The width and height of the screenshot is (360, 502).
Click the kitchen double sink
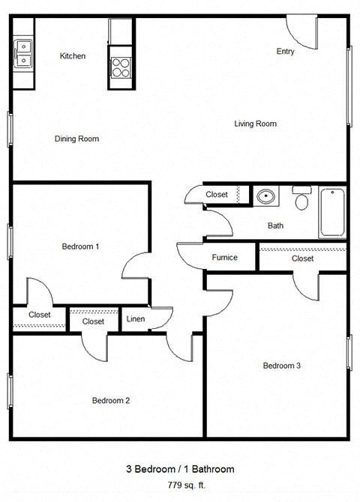pyautogui.click(x=24, y=53)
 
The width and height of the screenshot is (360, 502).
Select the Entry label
pyautogui.click(x=285, y=52)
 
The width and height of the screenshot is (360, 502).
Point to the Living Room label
pyautogui.click(x=255, y=124)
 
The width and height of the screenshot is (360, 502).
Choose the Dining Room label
pyautogui.click(x=76, y=139)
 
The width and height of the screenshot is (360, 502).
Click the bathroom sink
pyautogui.click(x=265, y=198)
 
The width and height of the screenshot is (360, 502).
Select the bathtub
pyautogui.click(x=332, y=212)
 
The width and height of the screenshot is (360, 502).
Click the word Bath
pyautogui.click(x=275, y=226)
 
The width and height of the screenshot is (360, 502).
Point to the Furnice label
pyautogui.click(x=224, y=258)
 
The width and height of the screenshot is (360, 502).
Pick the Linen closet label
pyautogui.click(x=136, y=320)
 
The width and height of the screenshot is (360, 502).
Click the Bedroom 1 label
pyautogui.click(x=80, y=247)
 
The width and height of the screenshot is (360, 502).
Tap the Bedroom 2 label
pyautogui.click(x=111, y=400)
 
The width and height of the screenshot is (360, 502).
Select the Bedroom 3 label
pyautogui.click(x=281, y=366)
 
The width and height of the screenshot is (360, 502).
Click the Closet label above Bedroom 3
pyautogui.click(x=302, y=258)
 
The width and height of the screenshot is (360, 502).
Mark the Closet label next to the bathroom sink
pyautogui.click(x=217, y=195)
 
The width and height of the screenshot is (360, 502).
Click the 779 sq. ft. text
pyautogui.click(x=179, y=485)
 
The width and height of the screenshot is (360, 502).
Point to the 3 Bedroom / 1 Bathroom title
pyautogui.click(x=179, y=469)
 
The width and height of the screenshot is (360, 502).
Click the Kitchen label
pyautogui.click(x=73, y=56)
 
